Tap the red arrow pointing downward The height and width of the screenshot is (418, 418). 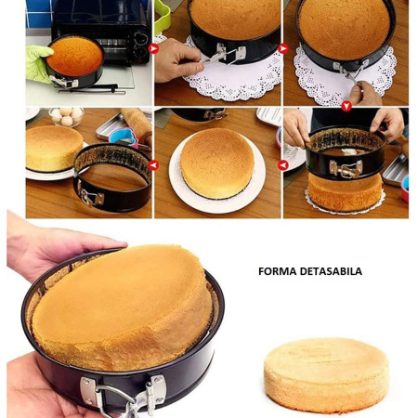point(346,106)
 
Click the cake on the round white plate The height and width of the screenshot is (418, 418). point(216,162)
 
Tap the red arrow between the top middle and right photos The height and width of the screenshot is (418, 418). point(282,48)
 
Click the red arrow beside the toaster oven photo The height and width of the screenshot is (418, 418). point(154,48)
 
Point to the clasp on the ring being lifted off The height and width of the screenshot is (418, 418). point(346,168)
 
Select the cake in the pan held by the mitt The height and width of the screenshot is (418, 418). point(74,55)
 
